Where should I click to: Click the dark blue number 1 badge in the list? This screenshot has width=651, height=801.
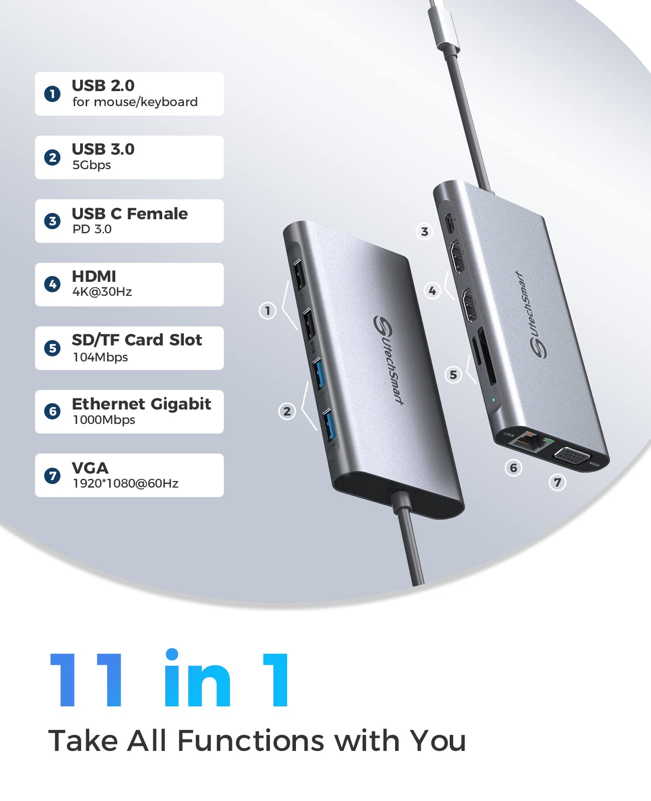(52, 94)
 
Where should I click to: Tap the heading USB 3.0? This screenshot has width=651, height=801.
(103, 149)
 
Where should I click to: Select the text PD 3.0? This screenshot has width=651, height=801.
(92, 229)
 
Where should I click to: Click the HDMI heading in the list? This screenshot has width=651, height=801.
(94, 276)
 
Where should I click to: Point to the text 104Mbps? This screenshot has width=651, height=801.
(101, 357)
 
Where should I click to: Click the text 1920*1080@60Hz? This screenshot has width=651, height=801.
(126, 484)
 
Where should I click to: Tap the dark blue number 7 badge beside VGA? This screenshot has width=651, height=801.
(52, 475)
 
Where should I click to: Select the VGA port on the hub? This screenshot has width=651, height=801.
(573, 457)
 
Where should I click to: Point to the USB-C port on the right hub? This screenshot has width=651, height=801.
(450, 223)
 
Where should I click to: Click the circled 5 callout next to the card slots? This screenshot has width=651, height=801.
(453, 374)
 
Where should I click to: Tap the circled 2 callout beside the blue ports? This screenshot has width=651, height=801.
(287, 412)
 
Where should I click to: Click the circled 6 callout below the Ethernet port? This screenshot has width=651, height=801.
(513, 468)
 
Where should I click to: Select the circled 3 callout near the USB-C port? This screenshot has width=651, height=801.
(425, 231)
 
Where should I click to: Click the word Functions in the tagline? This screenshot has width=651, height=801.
(251, 741)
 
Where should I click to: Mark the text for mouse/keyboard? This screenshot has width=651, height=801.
(135, 102)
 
